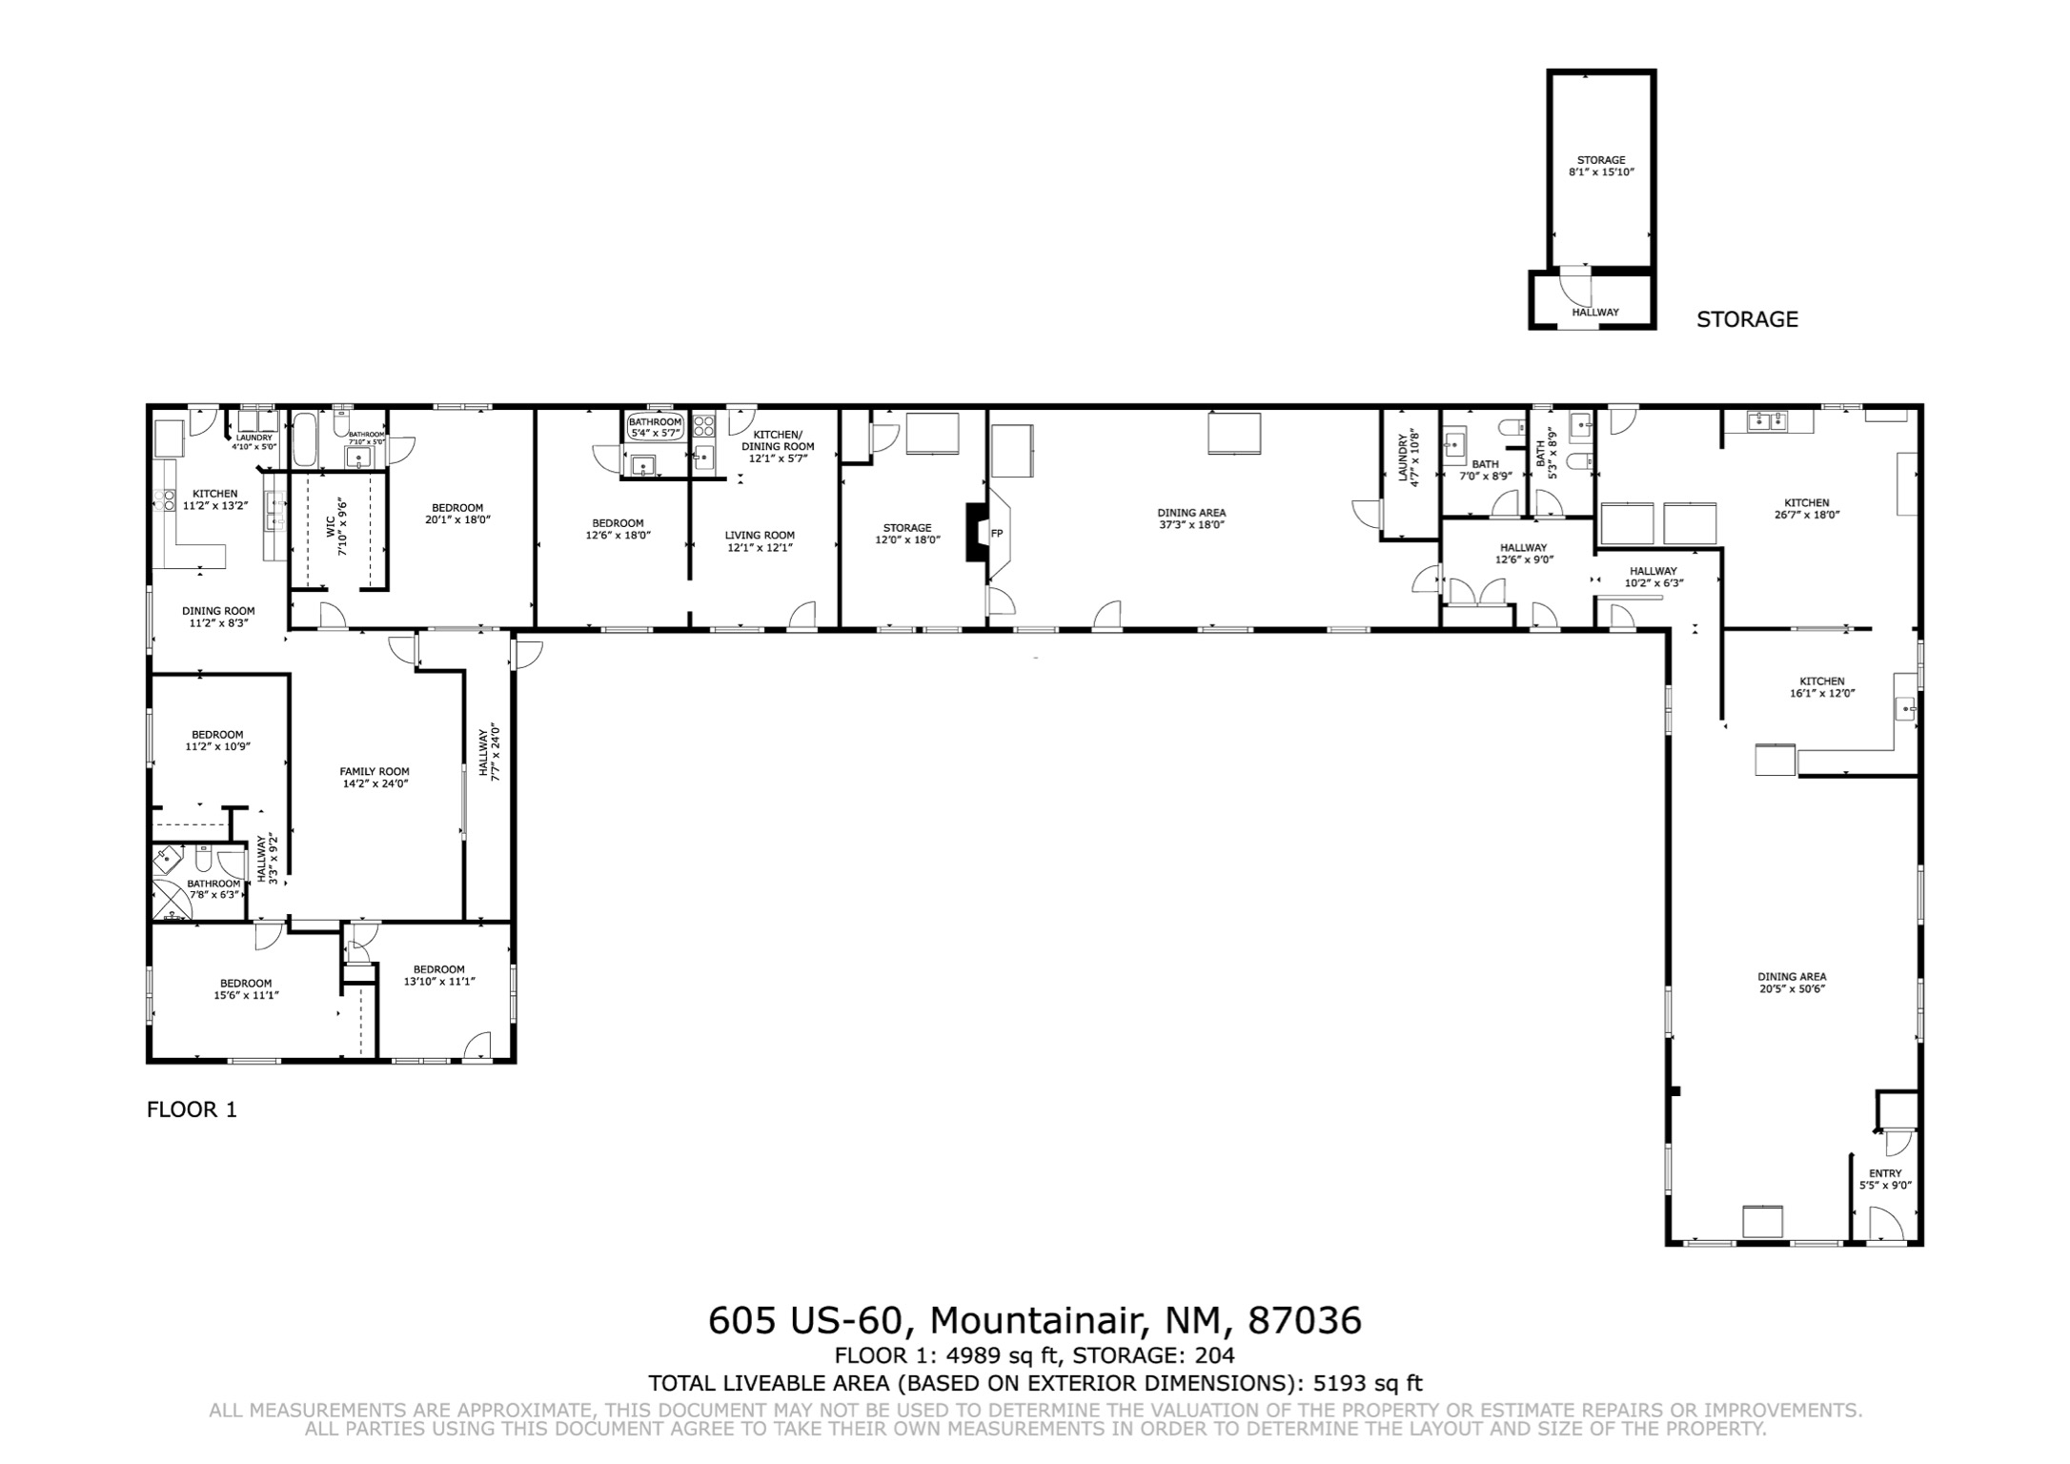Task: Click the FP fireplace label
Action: coord(997,534)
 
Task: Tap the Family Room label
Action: coord(375,772)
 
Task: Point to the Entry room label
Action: coord(1885,1173)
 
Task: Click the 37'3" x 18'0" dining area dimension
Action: coord(1191,525)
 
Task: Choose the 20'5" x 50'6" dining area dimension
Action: coord(1792,989)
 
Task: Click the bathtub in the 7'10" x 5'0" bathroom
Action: coord(306,439)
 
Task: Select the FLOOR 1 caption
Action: coord(192,1109)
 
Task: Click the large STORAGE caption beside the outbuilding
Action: coord(1747,319)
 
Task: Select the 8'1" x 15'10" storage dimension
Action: coord(1601,173)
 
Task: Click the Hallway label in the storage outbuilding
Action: coord(1595,312)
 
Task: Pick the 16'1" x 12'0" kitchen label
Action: coord(1822,687)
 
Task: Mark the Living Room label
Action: coord(760,536)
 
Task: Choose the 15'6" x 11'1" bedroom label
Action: coord(246,989)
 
